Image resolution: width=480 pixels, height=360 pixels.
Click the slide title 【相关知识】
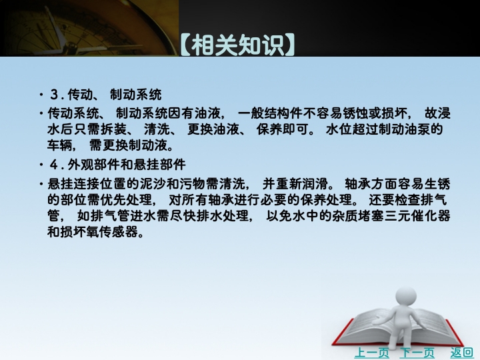coord(237,45)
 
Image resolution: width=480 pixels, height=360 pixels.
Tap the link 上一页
coord(371,353)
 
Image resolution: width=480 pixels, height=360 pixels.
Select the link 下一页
coord(417,353)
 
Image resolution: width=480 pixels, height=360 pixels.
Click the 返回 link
coord(461,353)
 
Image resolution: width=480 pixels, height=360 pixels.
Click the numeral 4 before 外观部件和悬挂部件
coord(54,165)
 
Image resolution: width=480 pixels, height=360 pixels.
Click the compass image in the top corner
coord(89,28)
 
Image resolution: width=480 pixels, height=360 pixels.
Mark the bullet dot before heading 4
coord(41,165)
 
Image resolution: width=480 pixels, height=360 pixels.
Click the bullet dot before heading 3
coord(41,95)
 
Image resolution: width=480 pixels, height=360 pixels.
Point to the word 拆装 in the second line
coord(113,129)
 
